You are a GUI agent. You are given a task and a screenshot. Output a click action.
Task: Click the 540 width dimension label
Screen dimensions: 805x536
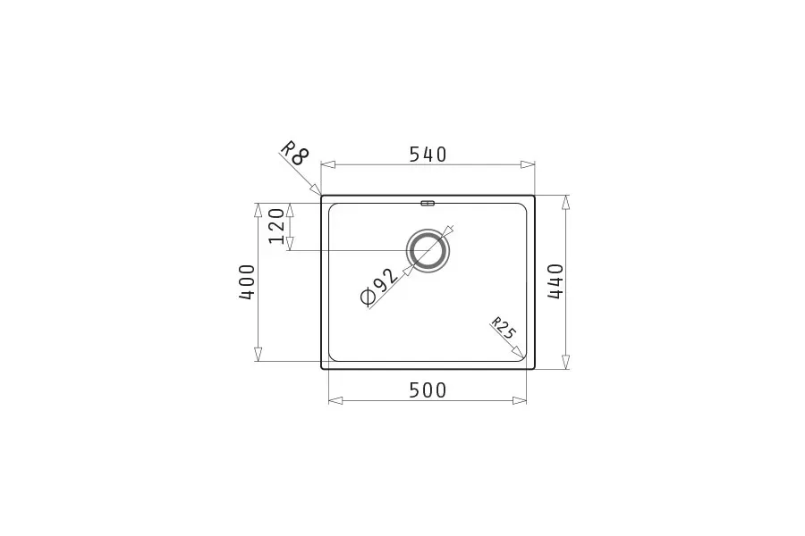pos(428,155)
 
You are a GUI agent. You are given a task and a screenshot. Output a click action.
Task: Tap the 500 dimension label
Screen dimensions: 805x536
pos(428,390)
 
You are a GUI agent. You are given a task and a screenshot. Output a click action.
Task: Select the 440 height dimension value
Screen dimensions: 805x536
pos(555,281)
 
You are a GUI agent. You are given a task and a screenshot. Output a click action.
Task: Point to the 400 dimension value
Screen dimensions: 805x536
pos(247,282)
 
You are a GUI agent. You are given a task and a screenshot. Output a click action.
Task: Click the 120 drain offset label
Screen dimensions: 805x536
pos(276,226)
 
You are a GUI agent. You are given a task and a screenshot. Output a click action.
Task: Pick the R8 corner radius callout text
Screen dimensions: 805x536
pos(294,153)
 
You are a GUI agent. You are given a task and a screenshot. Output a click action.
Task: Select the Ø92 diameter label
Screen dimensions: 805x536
pos(379,287)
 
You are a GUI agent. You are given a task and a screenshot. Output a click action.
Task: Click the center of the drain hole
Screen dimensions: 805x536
pos(428,250)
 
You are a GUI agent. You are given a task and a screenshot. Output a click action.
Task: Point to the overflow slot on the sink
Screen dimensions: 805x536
pos(428,203)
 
